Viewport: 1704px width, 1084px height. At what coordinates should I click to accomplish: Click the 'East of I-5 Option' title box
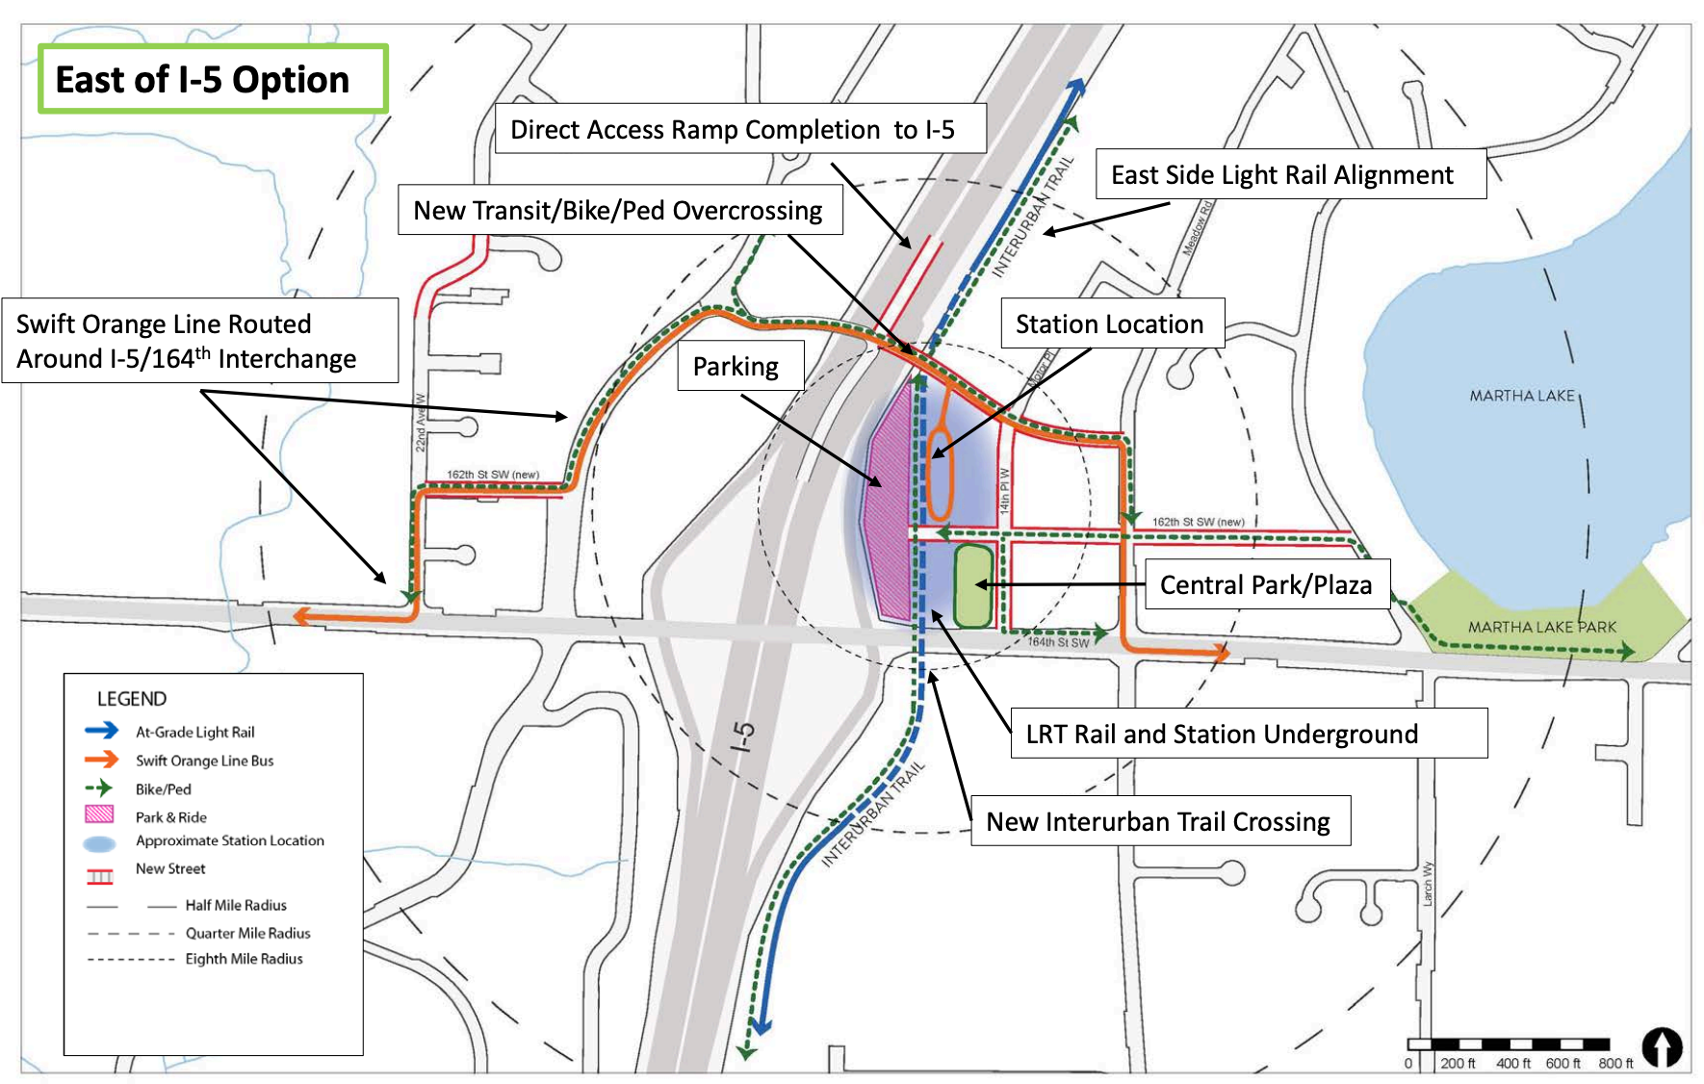coord(212,79)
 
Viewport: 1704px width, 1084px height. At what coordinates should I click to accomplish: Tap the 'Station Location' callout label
coord(1110,324)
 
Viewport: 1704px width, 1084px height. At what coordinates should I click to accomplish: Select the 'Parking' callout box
coord(736,367)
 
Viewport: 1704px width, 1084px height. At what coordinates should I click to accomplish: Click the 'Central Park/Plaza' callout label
coord(1266,585)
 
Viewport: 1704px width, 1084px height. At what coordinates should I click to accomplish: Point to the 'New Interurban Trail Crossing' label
coord(1158,822)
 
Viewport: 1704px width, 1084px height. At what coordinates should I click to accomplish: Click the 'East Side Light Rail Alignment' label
coord(1282,175)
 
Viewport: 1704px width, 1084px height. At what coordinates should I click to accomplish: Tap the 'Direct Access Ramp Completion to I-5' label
coord(733,130)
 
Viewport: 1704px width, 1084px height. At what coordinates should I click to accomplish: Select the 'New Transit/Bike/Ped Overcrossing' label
coord(618,211)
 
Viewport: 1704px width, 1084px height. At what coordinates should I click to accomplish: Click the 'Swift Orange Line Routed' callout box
coord(199,341)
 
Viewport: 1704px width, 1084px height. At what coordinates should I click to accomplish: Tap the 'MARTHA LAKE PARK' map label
coord(1542,628)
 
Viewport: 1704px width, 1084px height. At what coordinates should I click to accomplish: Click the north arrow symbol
coord(1662,1047)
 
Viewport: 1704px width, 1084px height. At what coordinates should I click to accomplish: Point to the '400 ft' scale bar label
coord(1513,1064)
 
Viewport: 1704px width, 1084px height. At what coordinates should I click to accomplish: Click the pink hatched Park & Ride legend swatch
coord(100,814)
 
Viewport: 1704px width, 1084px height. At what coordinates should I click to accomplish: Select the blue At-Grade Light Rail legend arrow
coord(102,731)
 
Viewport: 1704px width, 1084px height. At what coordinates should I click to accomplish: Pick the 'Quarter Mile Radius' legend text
coord(247,933)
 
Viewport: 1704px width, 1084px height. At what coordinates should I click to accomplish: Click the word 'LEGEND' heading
coord(132,699)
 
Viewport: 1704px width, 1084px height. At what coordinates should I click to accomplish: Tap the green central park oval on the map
coord(972,586)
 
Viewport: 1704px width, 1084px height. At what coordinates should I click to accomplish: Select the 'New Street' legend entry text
coord(170,868)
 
